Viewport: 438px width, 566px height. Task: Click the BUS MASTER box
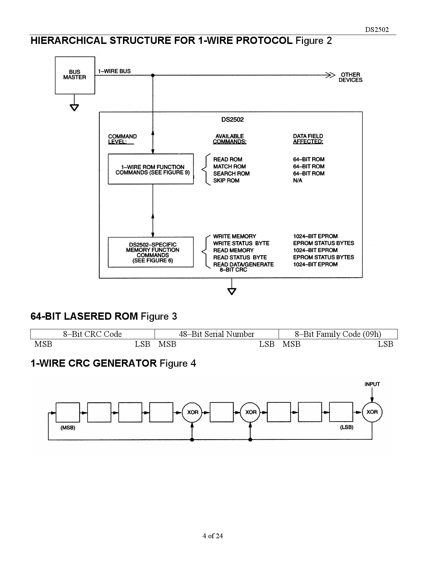75,75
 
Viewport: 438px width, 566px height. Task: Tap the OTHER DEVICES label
350,77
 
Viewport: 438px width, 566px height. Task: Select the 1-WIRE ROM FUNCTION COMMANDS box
151,169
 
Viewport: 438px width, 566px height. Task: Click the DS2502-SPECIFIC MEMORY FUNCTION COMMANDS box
151,252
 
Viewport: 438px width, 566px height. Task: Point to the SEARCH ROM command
231,174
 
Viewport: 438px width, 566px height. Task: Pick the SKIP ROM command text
226,180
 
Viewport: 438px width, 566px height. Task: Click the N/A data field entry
297,180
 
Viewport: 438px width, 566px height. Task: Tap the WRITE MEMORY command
234,236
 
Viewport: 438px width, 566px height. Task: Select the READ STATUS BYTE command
240,257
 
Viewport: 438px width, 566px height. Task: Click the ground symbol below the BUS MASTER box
74,107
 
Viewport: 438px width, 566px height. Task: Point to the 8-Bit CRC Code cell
92,334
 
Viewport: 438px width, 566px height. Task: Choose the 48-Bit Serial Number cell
216,334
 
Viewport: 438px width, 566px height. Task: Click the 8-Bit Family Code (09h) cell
338,334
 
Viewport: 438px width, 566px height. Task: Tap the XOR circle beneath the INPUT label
372,412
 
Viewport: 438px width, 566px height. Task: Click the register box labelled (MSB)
68,412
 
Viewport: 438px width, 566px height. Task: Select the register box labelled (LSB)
341,412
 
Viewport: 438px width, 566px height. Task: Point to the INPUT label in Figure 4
372,384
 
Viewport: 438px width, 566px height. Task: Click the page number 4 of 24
213,536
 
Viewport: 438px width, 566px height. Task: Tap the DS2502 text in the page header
377,30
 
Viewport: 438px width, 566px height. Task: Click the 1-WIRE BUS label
114,71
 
